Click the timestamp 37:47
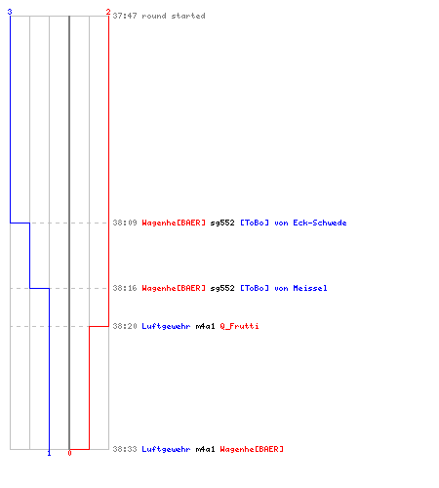[x=125, y=16]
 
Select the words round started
[x=174, y=16]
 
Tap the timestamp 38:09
[x=125, y=223]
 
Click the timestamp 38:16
[x=125, y=288]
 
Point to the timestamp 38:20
[x=125, y=326]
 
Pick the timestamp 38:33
[x=125, y=449]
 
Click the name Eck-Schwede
[x=320, y=223]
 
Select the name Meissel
[x=310, y=288]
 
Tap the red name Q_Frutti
[x=239, y=326]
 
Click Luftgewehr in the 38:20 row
[x=166, y=327]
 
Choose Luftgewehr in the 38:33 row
[x=166, y=450]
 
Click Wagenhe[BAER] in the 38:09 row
[x=174, y=224]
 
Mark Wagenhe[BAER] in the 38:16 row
[x=174, y=289]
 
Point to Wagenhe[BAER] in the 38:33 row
[x=252, y=450]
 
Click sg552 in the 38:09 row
[x=222, y=224]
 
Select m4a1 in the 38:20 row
[x=205, y=326]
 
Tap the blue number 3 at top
[x=10, y=12]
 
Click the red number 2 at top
[x=108, y=12]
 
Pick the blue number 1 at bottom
[x=49, y=453]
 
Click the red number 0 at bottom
[x=69, y=453]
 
